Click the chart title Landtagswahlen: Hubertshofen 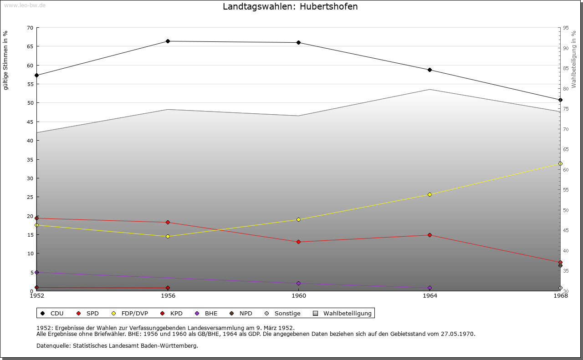point(290,6)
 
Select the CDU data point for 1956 point(168,41)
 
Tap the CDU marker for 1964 point(430,70)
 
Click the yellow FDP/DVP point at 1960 point(299,220)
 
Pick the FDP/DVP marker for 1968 point(560,164)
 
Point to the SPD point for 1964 point(430,235)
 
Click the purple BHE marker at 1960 point(299,284)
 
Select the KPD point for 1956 point(168,288)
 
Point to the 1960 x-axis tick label point(299,296)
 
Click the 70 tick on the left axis point(30,28)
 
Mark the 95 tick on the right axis point(566,28)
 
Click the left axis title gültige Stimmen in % point(6,60)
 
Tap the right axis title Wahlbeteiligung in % point(574,59)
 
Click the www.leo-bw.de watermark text point(25,5)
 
